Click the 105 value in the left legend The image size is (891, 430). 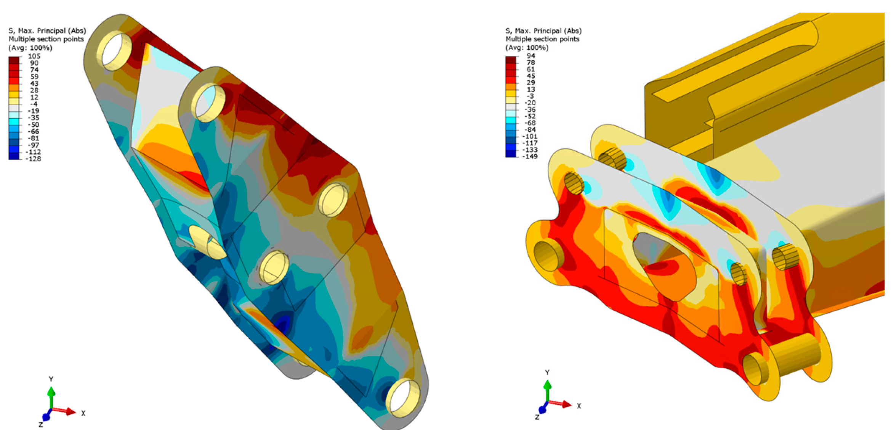(x=34, y=56)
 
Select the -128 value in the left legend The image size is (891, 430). (x=33, y=159)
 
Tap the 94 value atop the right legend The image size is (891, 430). (x=531, y=56)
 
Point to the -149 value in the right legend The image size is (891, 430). (x=530, y=156)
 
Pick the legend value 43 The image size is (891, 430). (x=34, y=84)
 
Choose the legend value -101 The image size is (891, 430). (x=530, y=136)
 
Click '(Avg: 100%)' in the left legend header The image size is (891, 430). (x=30, y=48)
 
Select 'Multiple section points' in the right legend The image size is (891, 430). (x=542, y=39)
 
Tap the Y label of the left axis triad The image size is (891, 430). (x=51, y=379)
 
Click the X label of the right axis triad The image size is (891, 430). (x=579, y=406)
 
